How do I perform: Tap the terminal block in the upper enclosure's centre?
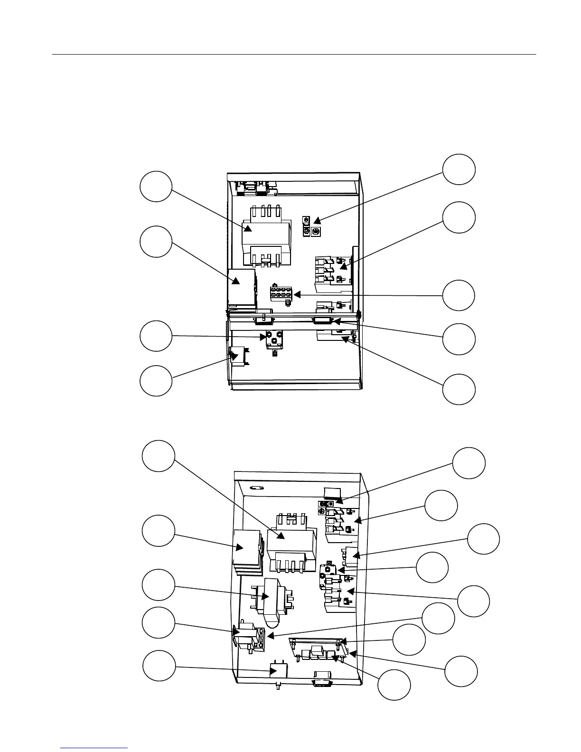tap(281, 293)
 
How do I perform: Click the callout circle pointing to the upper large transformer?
tap(156, 186)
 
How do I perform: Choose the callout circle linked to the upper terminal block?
tap(459, 295)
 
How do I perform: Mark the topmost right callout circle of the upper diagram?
tap(459, 169)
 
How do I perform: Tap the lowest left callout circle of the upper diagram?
tap(156, 380)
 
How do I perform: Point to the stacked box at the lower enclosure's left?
tap(247, 552)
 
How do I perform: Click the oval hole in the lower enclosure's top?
tap(257, 487)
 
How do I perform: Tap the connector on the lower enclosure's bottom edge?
tap(321, 683)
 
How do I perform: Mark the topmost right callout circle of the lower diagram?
tap(469, 463)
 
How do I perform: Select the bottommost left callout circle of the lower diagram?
tap(159, 666)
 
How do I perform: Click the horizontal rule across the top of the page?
tap(293, 55)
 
